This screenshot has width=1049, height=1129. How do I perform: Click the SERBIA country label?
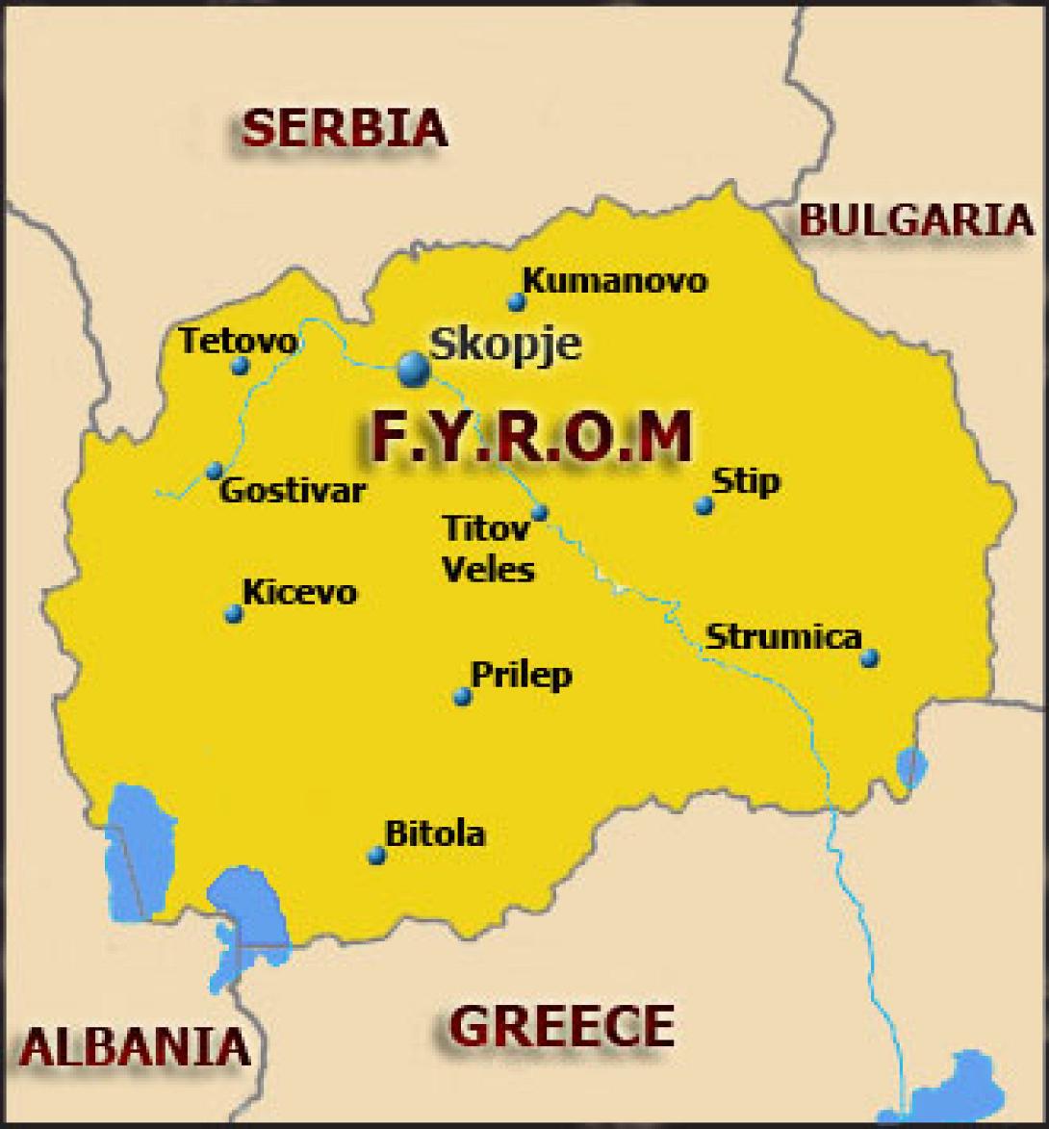click(x=344, y=127)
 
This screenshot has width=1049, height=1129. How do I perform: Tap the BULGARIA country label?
click(x=915, y=220)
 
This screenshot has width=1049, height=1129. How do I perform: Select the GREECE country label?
click(x=562, y=1026)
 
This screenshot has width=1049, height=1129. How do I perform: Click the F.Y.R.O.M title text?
click(x=531, y=437)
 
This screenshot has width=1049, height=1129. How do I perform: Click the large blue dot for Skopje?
click(x=414, y=367)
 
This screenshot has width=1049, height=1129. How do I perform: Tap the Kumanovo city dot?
click(x=517, y=302)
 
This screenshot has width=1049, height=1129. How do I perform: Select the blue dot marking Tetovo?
click(x=241, y=366)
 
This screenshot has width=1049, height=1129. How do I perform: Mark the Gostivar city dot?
click(x=215, y=471)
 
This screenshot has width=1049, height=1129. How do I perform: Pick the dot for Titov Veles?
click(x=540, y=512)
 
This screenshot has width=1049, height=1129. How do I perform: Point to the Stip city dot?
click(x=704, y=505)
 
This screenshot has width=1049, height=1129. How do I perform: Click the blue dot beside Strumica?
click(x=869, y=658)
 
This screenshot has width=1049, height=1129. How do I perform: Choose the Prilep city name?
click(x=521, y=675)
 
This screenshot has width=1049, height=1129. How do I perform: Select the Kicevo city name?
click(x=299, y=591)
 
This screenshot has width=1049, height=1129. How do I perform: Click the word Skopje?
click(x=505, y=343)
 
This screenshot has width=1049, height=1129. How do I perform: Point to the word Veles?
click(x=488, y=569)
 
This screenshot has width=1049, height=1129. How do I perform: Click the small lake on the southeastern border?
click(x=910, y=768)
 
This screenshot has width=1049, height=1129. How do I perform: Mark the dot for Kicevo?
click(x=233, y=613)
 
